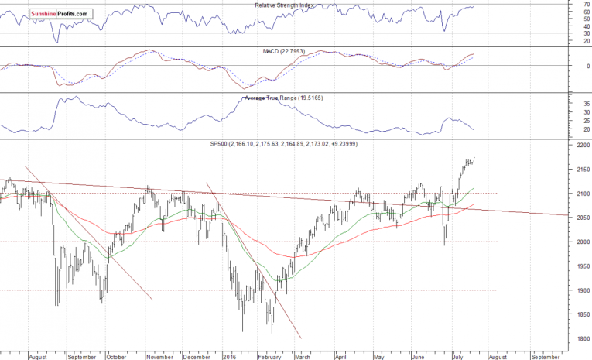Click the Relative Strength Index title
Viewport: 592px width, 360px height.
[288, 5]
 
